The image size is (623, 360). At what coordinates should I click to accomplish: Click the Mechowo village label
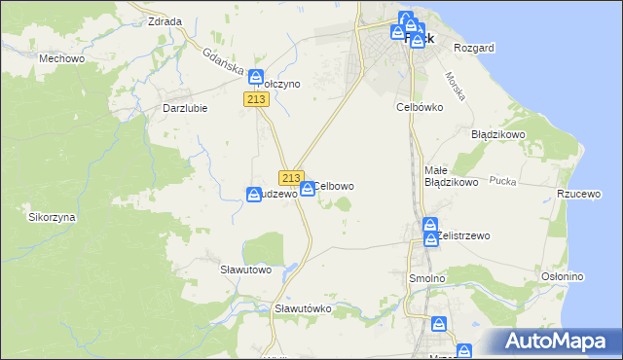[57, 58]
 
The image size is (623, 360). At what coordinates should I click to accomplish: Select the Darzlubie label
[184, 108]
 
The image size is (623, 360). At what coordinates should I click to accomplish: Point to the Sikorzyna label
[52, 217]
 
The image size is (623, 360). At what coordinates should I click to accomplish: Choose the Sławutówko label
[304, 308]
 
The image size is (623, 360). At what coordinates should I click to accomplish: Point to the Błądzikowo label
[498, 134]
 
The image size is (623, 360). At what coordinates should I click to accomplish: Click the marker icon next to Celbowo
[308, 189]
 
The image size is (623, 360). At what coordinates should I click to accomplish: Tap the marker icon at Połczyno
[256, 77]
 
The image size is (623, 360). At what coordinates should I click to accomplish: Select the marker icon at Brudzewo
[254, 195]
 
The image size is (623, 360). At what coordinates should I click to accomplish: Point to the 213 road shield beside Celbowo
[290, 178]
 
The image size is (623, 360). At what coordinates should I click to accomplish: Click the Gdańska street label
[222, 60]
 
